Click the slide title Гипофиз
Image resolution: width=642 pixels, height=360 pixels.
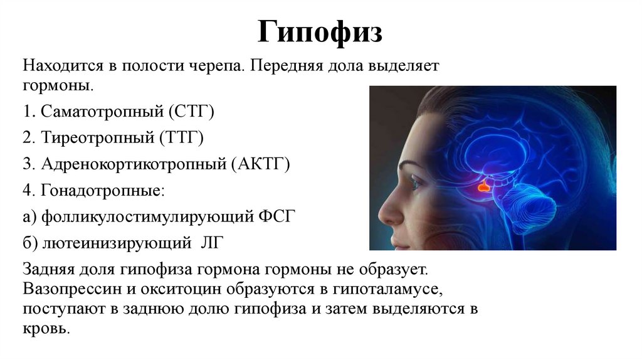coord(320,32)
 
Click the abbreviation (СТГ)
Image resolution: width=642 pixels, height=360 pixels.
coord(191,112)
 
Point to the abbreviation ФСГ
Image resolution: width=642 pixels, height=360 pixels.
coord(277,217)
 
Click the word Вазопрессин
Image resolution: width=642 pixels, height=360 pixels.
coord(65,290)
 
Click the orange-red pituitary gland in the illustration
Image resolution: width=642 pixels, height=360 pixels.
coord(483,186)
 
